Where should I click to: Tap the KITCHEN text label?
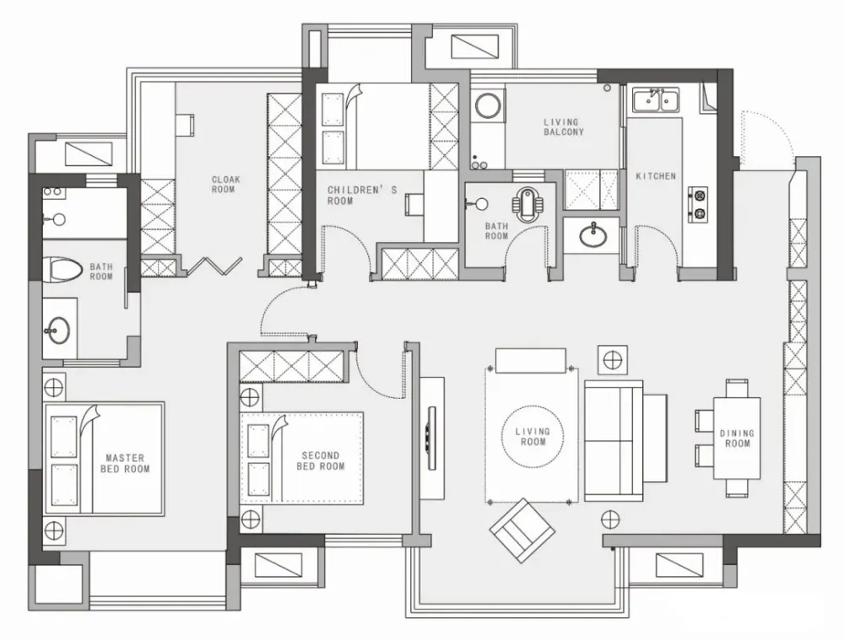656,176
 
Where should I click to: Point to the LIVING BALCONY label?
563,127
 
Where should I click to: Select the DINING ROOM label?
737,438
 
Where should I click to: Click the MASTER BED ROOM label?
125,463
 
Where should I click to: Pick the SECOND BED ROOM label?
320,461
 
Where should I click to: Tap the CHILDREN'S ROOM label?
362,196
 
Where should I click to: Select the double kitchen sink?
655,100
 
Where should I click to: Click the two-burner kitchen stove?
698,204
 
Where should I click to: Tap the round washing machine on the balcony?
489,105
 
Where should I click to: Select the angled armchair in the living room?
522,530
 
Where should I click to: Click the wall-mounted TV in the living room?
431,438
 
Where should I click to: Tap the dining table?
737,438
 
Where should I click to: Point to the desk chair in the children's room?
414,205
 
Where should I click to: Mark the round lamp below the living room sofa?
610,519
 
